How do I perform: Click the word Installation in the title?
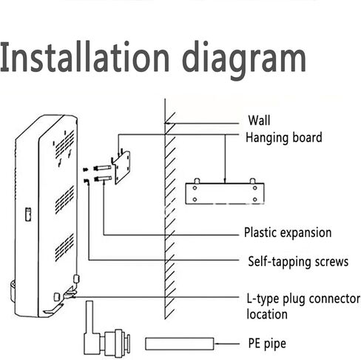click(84, 57)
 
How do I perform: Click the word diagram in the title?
click(244, 61)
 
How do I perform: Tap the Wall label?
click(259, 121)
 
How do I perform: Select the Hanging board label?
click(284, 138)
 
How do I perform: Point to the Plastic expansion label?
click(288, 233)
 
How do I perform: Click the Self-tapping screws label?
click(298, 261)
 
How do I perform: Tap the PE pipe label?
click(267, 344)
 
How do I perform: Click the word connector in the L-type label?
click(334, 299)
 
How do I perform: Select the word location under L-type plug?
click(267, 314)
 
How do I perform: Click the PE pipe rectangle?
click(180, 344)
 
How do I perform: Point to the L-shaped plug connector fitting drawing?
click(107, 330)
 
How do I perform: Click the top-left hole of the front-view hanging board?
click(195, 188)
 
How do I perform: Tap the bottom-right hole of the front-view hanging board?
click(255, 199)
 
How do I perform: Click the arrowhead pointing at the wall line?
click(167, 123)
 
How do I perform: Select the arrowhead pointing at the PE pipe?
click(217, 344)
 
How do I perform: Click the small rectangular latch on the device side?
click(28, 214)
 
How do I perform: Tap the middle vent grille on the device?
click(64, 199)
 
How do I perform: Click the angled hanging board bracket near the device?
click(121, 167)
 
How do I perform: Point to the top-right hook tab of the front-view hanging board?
click(252, 181)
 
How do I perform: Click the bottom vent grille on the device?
click(64, 247)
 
